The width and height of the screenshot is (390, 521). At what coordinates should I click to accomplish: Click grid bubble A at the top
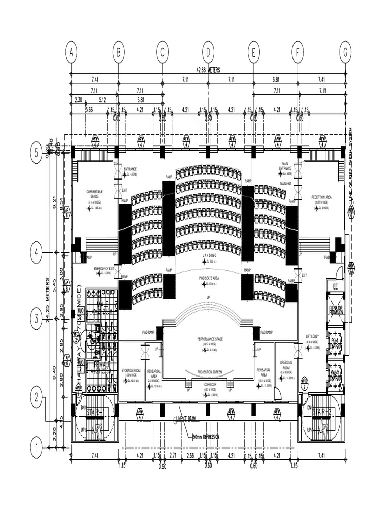pos(71,52)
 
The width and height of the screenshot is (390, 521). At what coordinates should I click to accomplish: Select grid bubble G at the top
pos(345,52)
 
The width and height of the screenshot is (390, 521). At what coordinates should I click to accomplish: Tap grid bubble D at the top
pos(208,52)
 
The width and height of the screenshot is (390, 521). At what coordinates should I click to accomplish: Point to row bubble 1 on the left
pos(36,448)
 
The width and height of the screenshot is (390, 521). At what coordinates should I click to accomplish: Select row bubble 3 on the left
pos(36,319)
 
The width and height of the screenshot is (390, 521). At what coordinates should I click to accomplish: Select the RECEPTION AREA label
pos(322,197)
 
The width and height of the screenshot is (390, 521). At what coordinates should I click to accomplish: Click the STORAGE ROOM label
pos(131,370)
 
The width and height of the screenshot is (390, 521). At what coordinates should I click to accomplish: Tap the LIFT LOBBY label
pos(312,337)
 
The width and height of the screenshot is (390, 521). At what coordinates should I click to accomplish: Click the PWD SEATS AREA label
pos(209,278)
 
